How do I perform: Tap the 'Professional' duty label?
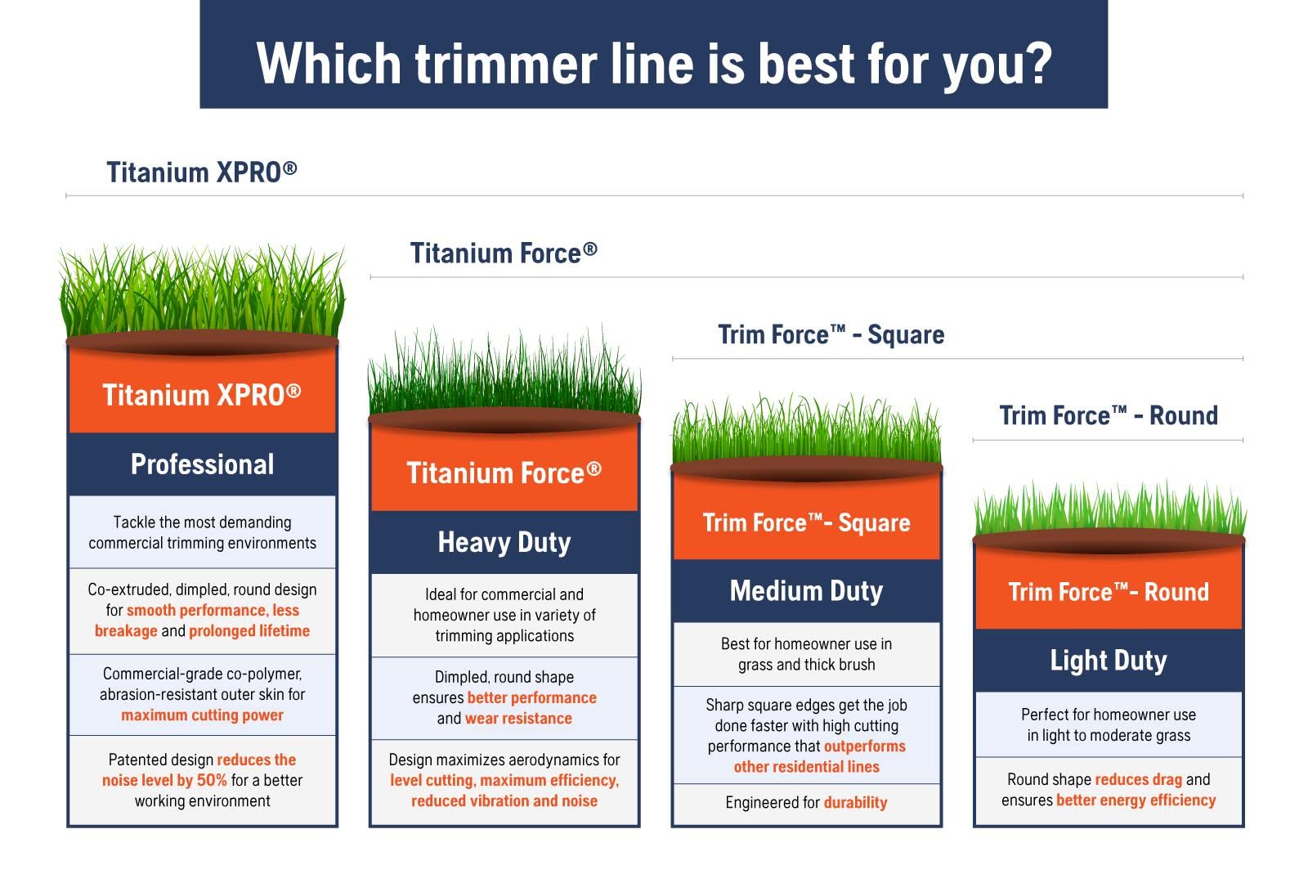pyautogui.click(x=202, y=465)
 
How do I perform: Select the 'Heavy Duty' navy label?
pyautogui.click(x=504, y=543)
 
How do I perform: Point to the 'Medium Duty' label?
pyautogui.click(x=806, y=591)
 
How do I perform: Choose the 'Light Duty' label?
pyautogui.click(x=1109, y=661)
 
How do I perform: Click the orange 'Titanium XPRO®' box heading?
pyautogui.click(x=202, y=395)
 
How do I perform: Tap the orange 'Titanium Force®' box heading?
pyautogui.click(x=504, y=473)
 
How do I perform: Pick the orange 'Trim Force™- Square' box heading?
pyautogui.click(x=806, y=522)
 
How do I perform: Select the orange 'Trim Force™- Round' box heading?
pyautogui.click(x=1109, y=592)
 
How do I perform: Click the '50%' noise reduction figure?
pyautogui.click(x=212, y=780)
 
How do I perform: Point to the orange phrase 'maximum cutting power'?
pyautogui.click(x=202, y=715)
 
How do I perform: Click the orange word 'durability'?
pyautogui.click(x=855, y=802)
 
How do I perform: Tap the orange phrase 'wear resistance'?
pyautogui.click(x=518, y=719)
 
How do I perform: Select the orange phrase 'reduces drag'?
pyautogui.click(x=1138, y=780)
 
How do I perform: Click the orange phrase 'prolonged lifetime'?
pyautogui.click(x=249, y=630)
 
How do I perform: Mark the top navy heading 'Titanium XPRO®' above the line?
pyautogui.click(x=201, y=173)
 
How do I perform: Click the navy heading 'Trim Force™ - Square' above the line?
pyautogui.click(x=831, y=334)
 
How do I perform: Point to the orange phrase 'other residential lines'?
pyautogui.click(x=806, y=767)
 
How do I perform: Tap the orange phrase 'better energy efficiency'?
pyautogui.click(x=1136, y=800)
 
